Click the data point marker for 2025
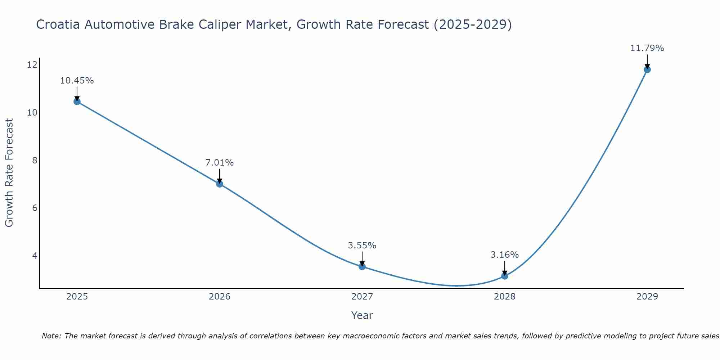click(77, 102)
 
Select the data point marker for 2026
click(220, 184)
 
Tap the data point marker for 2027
click(362, 267)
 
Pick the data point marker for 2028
click(505, 276)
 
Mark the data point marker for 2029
click(647, 69)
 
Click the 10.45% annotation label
click(77, 81)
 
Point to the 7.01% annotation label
click(220, 163)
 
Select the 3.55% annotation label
click(362, 246)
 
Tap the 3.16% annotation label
click(505, 255)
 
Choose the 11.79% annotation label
click(647, 48)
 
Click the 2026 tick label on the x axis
click(220, 297)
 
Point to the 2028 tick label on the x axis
click(505, 297)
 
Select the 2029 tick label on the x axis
click(647, 297)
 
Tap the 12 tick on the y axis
click(32, 65)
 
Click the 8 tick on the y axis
click(35, 160)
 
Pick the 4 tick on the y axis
click(35, 256)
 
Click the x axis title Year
click(362, 315)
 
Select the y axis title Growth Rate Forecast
click(9, 173)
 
